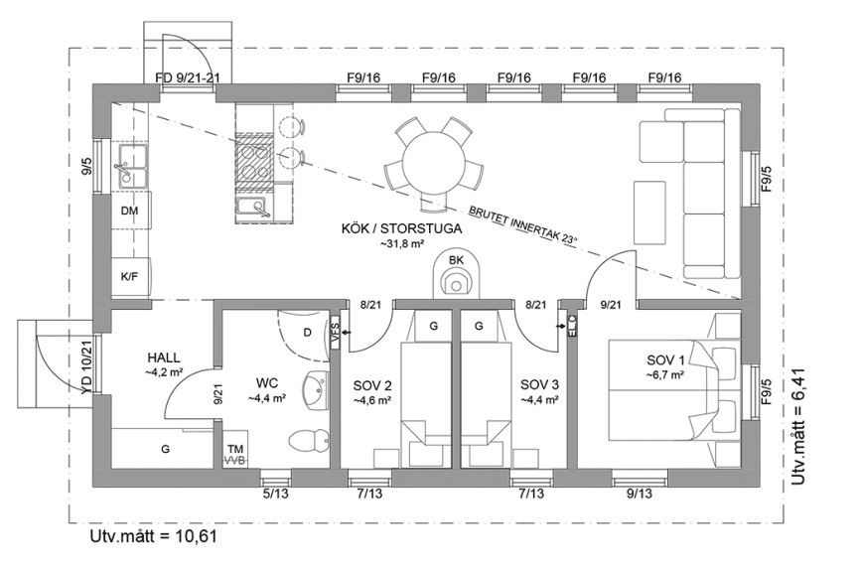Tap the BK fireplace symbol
click(457, 275)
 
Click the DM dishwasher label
click(129, 213)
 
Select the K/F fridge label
click(129, 277)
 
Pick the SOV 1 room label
click(665, 360)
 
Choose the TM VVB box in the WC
click(235, 455)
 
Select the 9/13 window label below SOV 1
click(639, 493)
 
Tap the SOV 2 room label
click(372, 385)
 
